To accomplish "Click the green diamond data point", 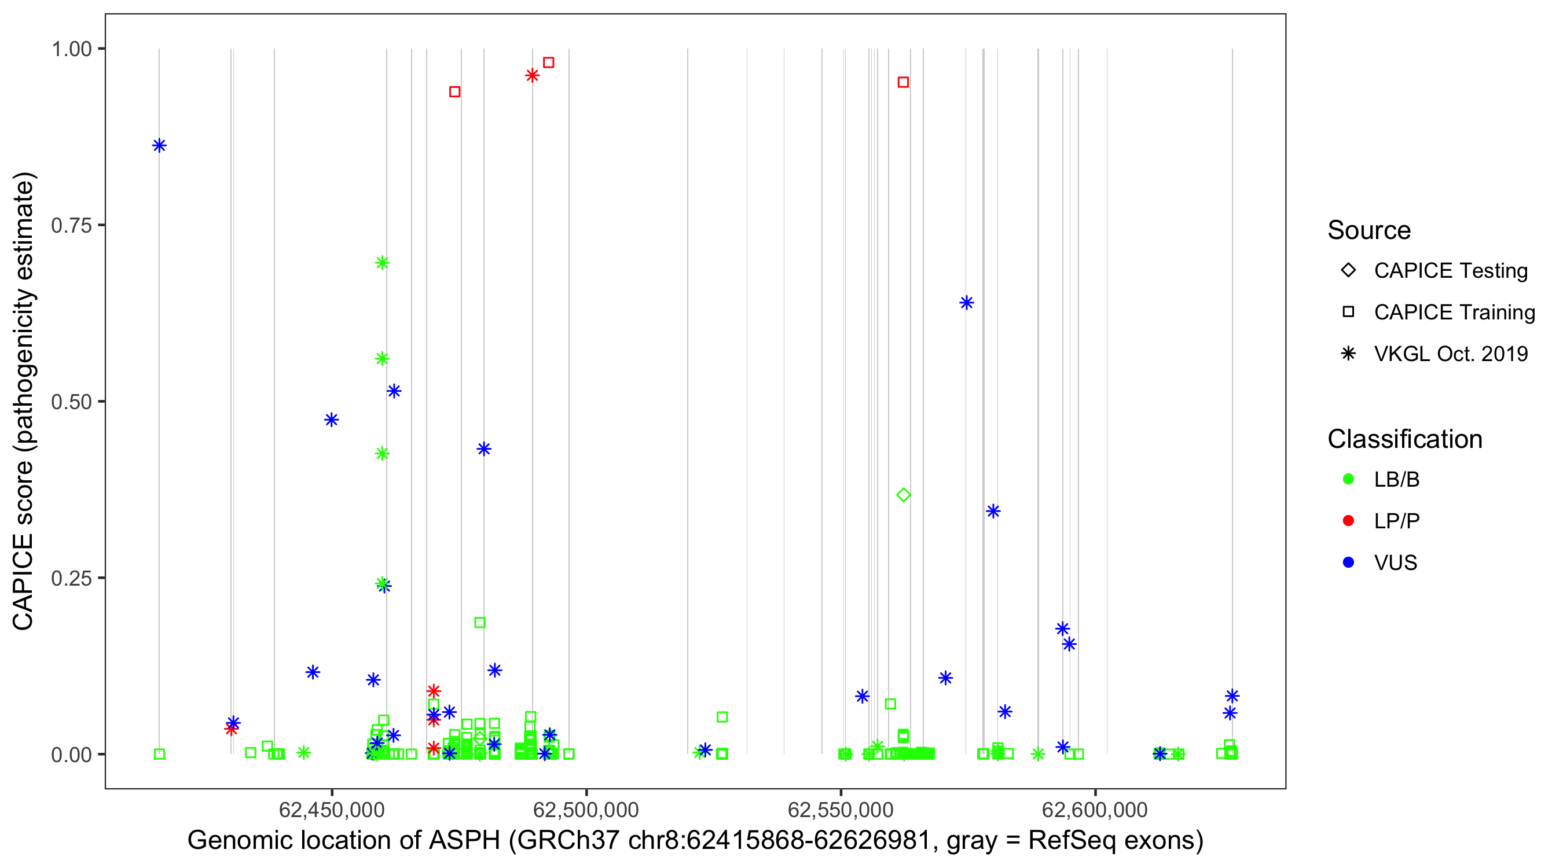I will pos(903,495).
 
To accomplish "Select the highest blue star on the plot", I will pos(159,146).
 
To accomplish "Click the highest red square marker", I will pos(549,62).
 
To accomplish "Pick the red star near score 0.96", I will pos(532,75).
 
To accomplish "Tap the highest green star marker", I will pos(381,263).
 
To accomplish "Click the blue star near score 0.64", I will pos(967,303).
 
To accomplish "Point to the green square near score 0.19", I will pos(479,622).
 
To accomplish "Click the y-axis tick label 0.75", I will pos(71,226).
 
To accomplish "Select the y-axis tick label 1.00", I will pos(71,49).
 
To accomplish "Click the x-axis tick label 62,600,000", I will pos(1095,810).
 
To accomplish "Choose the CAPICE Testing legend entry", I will pos(1450,271).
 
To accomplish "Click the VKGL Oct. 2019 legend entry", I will pos(1450,354).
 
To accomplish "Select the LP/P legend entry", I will pos(1396,521).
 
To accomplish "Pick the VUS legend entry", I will pos(1395,563).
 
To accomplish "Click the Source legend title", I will pos(1369,230).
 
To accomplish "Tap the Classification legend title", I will pos(1404,439).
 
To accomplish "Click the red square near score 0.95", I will pos(903,83).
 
